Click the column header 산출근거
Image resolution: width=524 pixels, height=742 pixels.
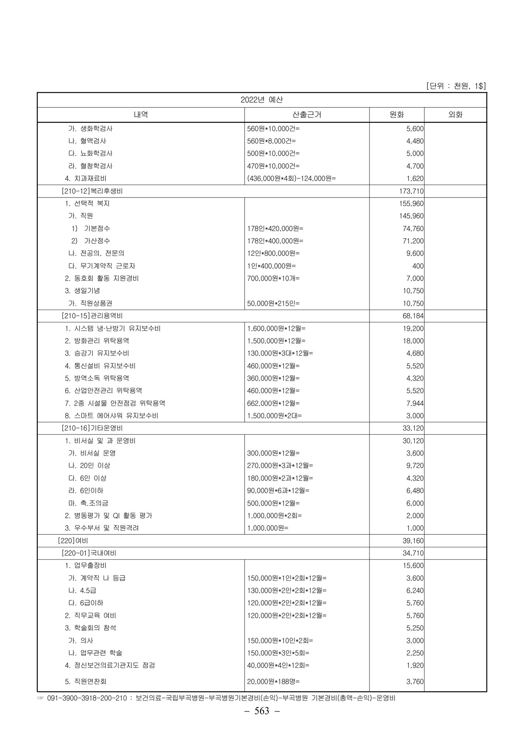coord(306,115)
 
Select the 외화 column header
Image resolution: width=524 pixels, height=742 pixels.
coord(455,115)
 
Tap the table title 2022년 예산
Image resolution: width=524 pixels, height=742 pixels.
coord(262,100)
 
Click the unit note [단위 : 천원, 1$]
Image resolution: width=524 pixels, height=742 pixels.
coord(456,86)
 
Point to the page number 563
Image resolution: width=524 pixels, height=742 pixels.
coord(262,711)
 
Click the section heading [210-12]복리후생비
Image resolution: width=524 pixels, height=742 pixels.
coord(92,191)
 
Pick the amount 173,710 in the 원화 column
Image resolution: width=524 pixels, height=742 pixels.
coord(411,191)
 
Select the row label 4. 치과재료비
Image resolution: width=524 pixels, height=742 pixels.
coord(85,179)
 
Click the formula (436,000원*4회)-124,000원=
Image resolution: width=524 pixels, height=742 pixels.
coord(291,179)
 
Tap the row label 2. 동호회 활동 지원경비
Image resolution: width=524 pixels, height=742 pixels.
coord(102,278)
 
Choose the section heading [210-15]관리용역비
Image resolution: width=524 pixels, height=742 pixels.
coord(92,316)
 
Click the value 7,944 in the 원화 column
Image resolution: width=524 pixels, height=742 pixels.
coord(415,403)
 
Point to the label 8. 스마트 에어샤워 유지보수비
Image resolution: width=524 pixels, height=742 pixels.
coord(111,416)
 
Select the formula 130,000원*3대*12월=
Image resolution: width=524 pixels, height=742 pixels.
coord(280,353)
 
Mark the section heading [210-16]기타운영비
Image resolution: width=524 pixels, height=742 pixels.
coord(92,428)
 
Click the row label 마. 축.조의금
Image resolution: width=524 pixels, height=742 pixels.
coord(88,503)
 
